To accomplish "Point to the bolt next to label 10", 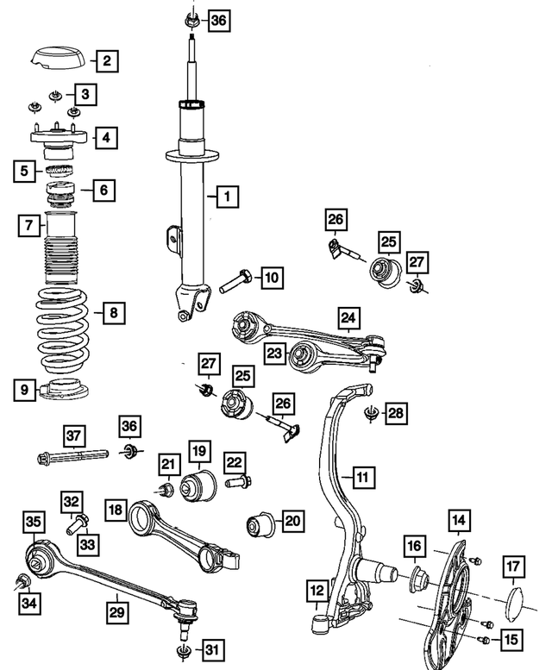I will coord(235,280).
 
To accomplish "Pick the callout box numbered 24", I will coord(348,319).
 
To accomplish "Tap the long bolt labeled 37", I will coord(71,454).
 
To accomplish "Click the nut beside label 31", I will coord(183,648).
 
